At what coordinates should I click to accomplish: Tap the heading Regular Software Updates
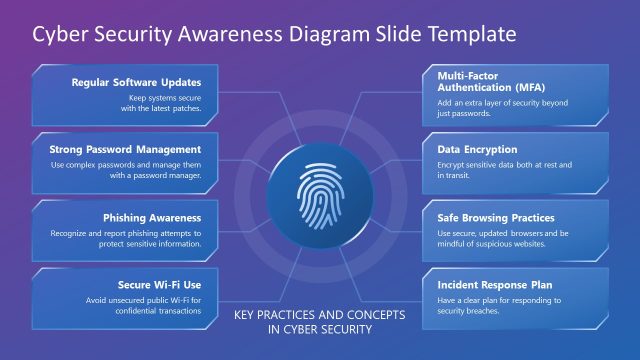(137, 82)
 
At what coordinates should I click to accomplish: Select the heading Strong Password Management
(125, 150)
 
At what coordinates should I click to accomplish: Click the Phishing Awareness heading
(152, 217)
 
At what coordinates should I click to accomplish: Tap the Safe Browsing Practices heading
(496, 217)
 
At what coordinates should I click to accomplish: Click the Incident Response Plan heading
(495, 284)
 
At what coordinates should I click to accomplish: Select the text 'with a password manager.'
(155, 175)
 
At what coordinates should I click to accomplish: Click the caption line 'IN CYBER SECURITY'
(320, 331)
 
